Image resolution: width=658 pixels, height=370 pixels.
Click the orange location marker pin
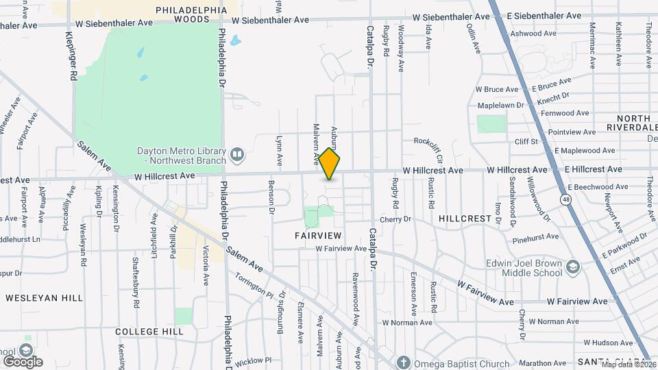click(x=330, y=164)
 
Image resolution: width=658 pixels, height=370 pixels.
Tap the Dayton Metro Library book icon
click(x=237, y=155)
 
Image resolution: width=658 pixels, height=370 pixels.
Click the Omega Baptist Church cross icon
click(x=404, y=363)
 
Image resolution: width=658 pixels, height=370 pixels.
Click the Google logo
click(x=22, y=361)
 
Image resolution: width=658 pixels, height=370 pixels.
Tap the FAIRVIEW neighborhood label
click(x=318, y=235)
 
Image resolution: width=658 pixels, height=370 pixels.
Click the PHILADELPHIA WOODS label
click(x=191, y=14)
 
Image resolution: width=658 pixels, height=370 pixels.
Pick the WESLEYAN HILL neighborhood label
click(x=45, y=298)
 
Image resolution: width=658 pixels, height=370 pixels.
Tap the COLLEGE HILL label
click(x=149, y=332)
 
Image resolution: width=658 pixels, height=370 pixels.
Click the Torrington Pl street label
click(x=253, y=285)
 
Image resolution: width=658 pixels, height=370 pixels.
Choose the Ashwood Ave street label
click(x=535, y=33)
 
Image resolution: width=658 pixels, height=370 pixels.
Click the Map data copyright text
click(x=626, y=364)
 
